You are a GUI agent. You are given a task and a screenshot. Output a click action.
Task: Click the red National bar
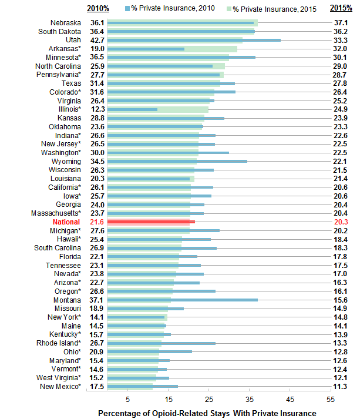tap(150, 222)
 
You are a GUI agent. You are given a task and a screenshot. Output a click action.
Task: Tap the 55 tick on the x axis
tap(331, 398)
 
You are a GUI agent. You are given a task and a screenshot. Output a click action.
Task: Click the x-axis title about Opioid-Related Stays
tap(207, 413)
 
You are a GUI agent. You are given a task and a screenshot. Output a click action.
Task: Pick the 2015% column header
tap(341, 8)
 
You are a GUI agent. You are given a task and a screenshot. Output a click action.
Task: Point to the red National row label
tap(66, 222)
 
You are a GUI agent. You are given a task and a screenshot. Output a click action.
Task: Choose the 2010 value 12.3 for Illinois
tap(97, 109)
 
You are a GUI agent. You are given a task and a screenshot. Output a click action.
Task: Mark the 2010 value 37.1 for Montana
tap(97, 299)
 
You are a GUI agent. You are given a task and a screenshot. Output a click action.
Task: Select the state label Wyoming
tap(66, 160)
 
